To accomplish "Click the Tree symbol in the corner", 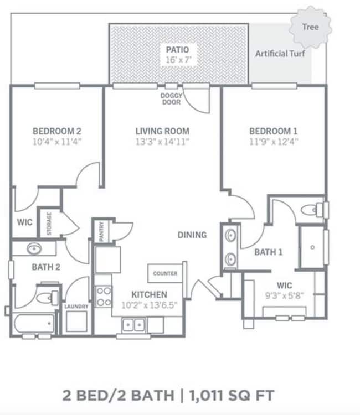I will click(310, 27).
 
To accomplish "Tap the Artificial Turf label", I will click(280, 54).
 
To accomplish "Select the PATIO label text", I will click(177, 50).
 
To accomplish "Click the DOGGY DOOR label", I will click(172, 99).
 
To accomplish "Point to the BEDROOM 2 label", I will click(57, 131).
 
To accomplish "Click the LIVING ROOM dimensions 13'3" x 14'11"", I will click(162, 142).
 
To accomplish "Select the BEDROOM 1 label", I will click(274, 131).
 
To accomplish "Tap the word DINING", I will click(192, 235).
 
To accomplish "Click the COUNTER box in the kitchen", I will click(165, 273).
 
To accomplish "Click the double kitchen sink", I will click(133, 325).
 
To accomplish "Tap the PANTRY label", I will click(102, 232).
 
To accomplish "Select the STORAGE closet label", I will click(49, 224).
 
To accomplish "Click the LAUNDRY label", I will click(76, 306).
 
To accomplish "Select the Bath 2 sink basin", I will click(34, 248).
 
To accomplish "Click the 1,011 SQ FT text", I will click(233, 396).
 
